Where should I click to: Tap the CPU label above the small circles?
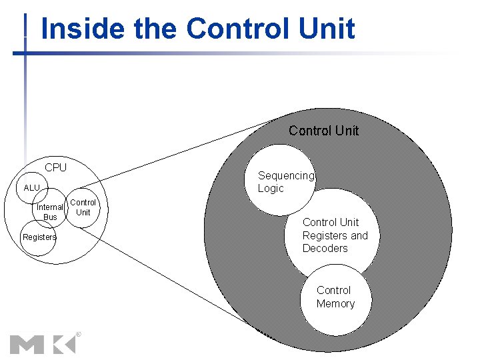tap(56, 167)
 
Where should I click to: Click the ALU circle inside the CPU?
tap(32, 188)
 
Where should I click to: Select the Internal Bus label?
tap(50, 212)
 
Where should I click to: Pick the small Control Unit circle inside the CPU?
tap(83, 207)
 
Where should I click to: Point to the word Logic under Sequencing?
tap(271, 189)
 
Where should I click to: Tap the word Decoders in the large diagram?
tap(325, 249)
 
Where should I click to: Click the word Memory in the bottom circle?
tap(335, 304)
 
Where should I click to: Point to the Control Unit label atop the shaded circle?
tap(324, 131)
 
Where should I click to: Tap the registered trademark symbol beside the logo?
tap(78, 334)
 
